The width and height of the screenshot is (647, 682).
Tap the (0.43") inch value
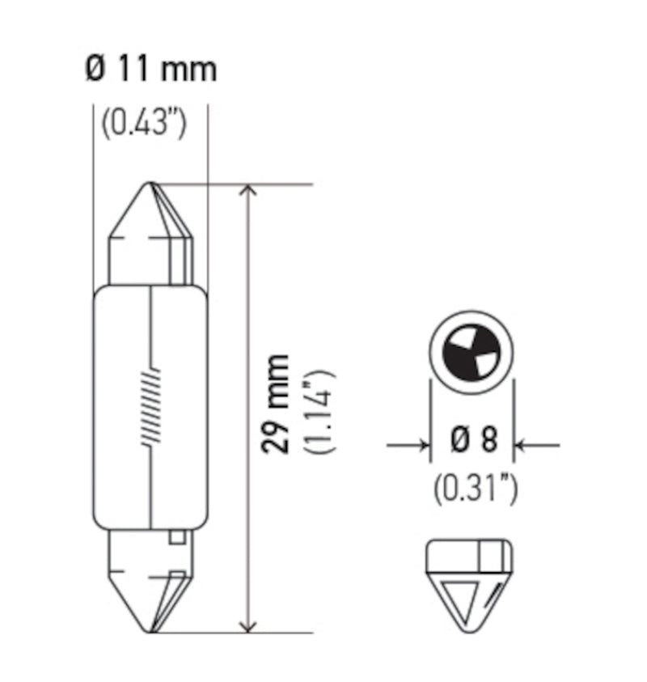[x=145, y=124]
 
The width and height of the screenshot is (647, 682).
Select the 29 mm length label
[x=277, y=402]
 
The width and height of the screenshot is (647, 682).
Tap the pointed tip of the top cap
[x=151, y=184]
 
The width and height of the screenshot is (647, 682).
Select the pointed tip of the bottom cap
[x=151, y=630]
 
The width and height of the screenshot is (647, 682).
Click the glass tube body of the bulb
[x=150, y=405]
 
